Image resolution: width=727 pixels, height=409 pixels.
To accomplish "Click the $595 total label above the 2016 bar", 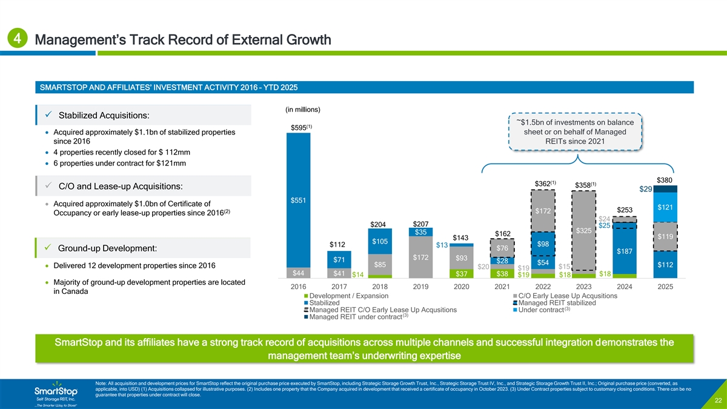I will pos(301,127).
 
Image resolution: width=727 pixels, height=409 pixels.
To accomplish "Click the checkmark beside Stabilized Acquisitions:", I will pos(47,115).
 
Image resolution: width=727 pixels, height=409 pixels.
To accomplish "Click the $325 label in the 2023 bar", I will pos(583,231).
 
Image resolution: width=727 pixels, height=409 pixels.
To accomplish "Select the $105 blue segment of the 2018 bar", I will pos(379,242).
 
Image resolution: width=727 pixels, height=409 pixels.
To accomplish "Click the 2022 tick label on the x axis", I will pos(543,286).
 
